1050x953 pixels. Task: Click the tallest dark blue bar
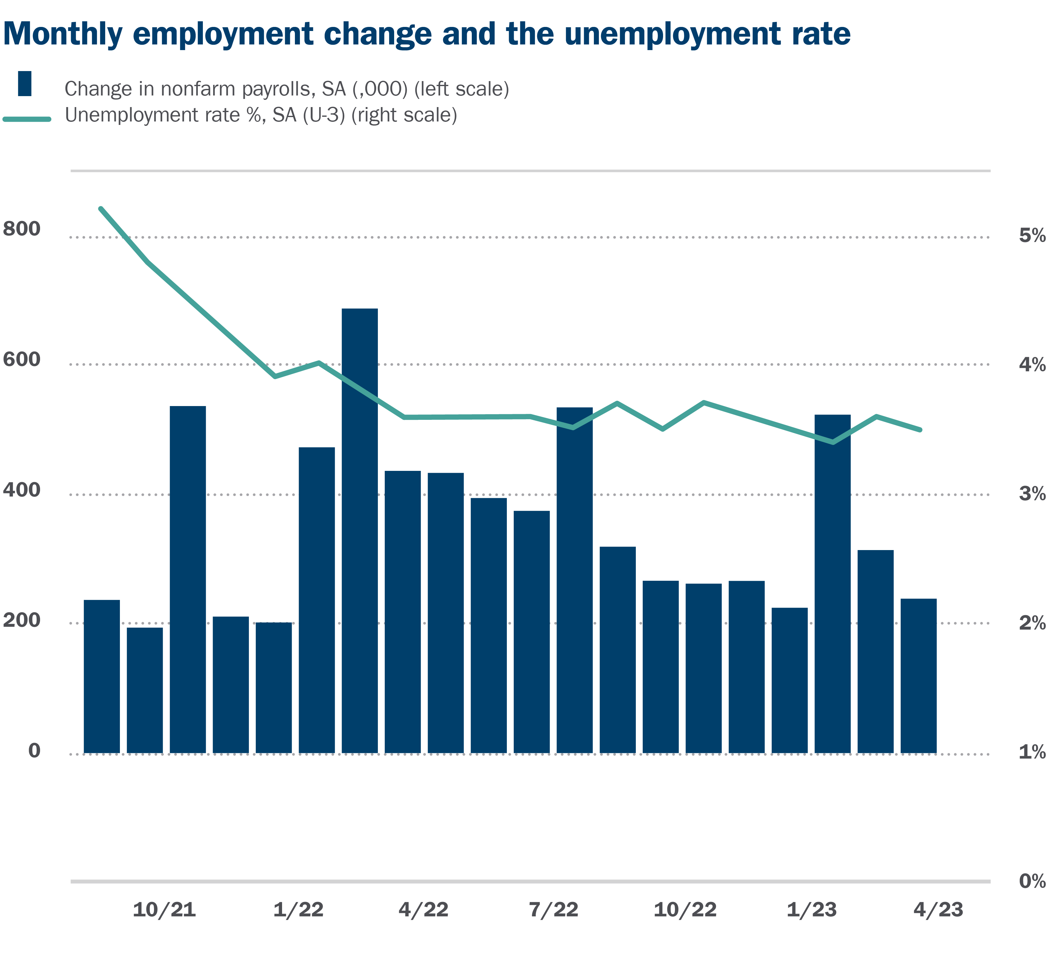click(359, 531)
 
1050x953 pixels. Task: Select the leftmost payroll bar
click(101, 677)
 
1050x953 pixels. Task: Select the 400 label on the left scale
click(22, 490)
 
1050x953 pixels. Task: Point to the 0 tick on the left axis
click(34, 750)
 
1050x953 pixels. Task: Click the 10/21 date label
click(165, 910)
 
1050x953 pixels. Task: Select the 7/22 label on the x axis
click(554, 910)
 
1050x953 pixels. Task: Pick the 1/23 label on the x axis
click(811, 910)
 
